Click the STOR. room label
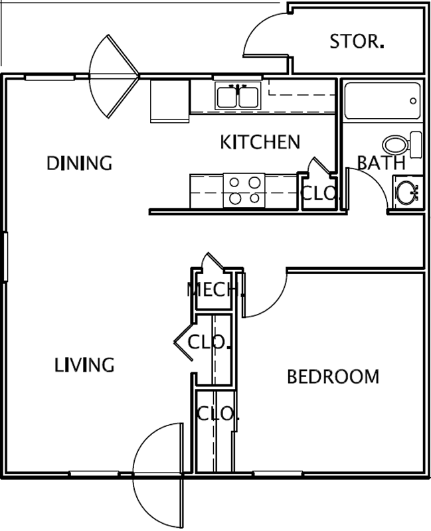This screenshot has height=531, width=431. (357, 41)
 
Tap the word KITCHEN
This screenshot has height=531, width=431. (260, 142)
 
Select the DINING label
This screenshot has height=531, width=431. (79, 163)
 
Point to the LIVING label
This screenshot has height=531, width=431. (84, 365)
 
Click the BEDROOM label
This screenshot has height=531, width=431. (333, 377)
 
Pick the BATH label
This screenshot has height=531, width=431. (382, 163)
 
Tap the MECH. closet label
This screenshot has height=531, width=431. (215, 289)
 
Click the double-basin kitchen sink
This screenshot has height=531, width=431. (238, 96)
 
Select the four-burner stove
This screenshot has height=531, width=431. (244, 190)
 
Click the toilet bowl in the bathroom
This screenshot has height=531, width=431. (396, 145)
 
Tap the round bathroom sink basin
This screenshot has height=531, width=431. (406, 192)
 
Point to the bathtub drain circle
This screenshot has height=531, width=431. (413, 101)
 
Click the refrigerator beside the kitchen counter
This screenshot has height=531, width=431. (169, 101)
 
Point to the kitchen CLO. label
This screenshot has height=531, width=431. (319, 193)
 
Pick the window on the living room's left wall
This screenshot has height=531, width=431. (5, 257)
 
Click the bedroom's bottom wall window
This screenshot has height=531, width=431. (278, 473)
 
